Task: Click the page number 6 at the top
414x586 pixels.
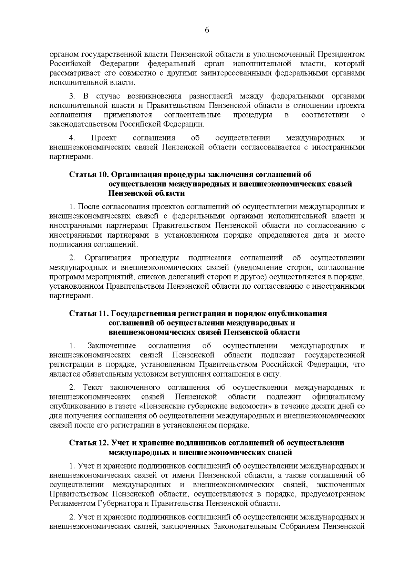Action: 207,30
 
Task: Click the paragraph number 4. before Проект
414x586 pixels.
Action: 72,138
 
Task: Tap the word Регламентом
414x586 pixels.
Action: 71,503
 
